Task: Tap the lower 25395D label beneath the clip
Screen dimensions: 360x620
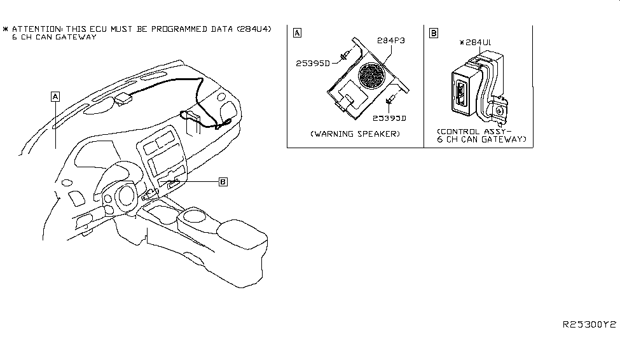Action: [x=389, y=118]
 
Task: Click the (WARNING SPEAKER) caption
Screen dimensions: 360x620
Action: [x=355, y=134]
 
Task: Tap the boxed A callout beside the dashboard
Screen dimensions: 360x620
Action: [x=55, y=96]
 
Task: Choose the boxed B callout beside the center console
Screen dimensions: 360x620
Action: [x=223, y=182]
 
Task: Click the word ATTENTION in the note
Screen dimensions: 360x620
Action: [x=36, y=29]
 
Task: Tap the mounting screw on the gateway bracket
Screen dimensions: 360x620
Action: [x=500, y=110]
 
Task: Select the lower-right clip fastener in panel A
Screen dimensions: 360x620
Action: [x=390, y=100]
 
